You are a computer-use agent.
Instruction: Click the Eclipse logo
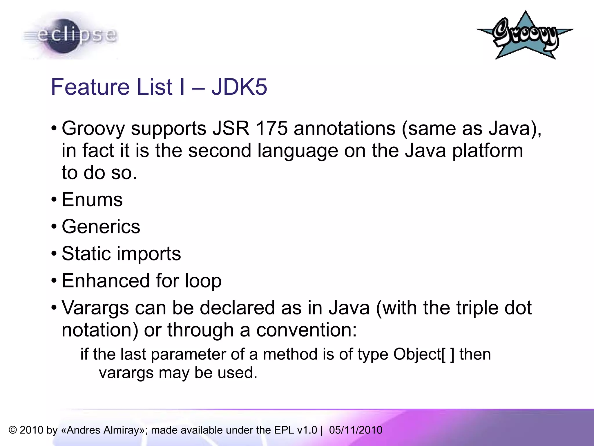click(70, 36)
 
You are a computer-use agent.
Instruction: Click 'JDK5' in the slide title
click(239, 87)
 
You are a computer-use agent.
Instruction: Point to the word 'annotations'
click(344, 128)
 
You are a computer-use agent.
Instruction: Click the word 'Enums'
click(92, 200)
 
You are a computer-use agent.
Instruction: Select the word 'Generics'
click(101, 227)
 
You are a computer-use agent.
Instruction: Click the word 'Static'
click(86, 253)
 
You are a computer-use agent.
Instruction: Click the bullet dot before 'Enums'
click(54, 200)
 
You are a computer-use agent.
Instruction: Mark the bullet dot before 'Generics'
click(54, 227)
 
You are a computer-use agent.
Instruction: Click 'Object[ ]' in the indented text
click(424, 355)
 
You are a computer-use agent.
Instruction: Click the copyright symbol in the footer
click(13, 430)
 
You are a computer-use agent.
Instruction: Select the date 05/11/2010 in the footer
click(356, 430)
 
